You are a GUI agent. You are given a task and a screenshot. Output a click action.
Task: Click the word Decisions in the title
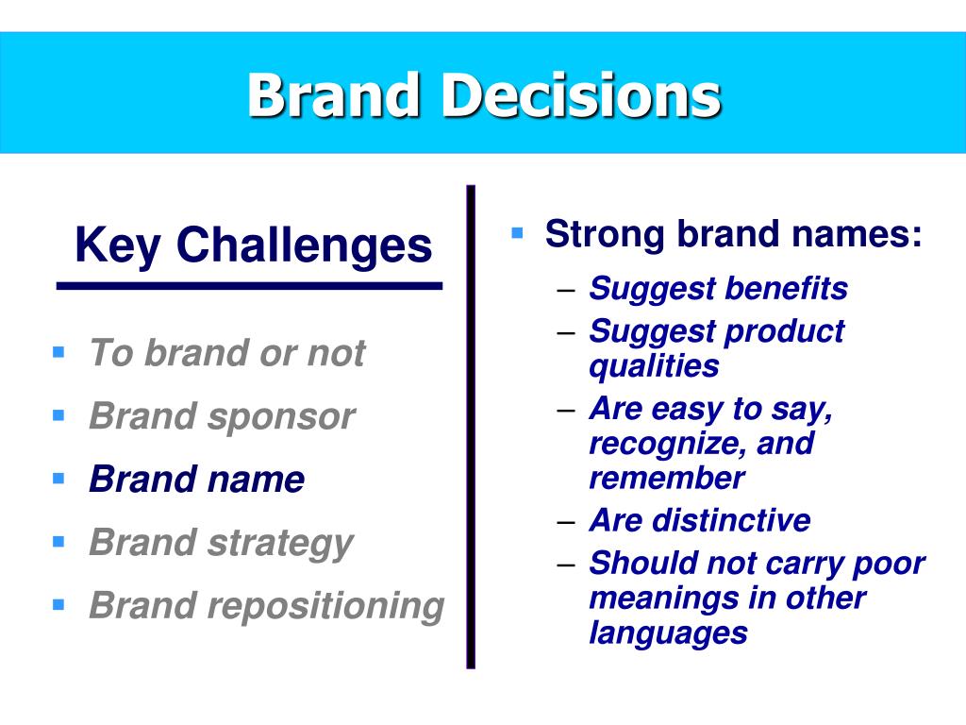click(x=581, y=95)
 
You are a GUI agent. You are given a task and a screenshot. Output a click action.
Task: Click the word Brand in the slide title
click(x=333, y=95)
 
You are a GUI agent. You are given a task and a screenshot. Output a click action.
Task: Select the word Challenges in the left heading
click(x=305, y=245)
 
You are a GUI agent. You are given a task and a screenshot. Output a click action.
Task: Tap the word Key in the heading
click(x=118, y=246)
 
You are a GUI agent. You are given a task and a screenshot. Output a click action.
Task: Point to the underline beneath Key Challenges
click(x=249, y=286)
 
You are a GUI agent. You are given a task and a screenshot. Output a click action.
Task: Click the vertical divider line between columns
click(x=472, y=427)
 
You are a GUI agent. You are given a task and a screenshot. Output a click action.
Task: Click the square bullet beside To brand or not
click(x=58, y=353)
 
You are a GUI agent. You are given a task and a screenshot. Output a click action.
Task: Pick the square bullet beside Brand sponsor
click(x=58, y=415)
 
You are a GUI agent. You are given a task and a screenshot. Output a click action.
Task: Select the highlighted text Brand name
click(x=196, y=479)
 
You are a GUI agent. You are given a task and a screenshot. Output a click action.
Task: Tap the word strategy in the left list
click(x=280, y=544)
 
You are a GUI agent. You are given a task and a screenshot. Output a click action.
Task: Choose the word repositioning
click(x=325, y=607)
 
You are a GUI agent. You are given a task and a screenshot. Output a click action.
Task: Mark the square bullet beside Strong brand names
click(x=517, y=233)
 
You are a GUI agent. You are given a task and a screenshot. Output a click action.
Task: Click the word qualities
click(x=654, y=367)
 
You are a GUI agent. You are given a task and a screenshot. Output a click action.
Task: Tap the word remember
click(x=667, y=478)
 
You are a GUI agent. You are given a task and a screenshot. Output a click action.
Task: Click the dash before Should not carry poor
click(x=566, y=565)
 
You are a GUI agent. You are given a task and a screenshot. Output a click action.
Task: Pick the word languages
click(x=668, y=633)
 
